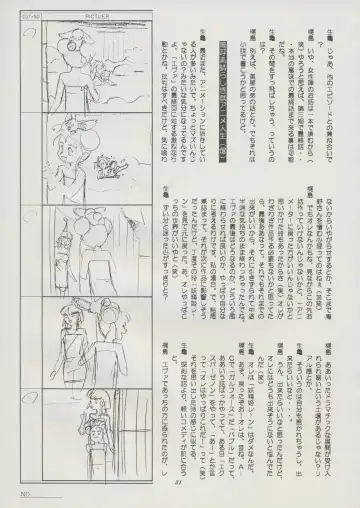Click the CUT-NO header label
click(x=27, y=12)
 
